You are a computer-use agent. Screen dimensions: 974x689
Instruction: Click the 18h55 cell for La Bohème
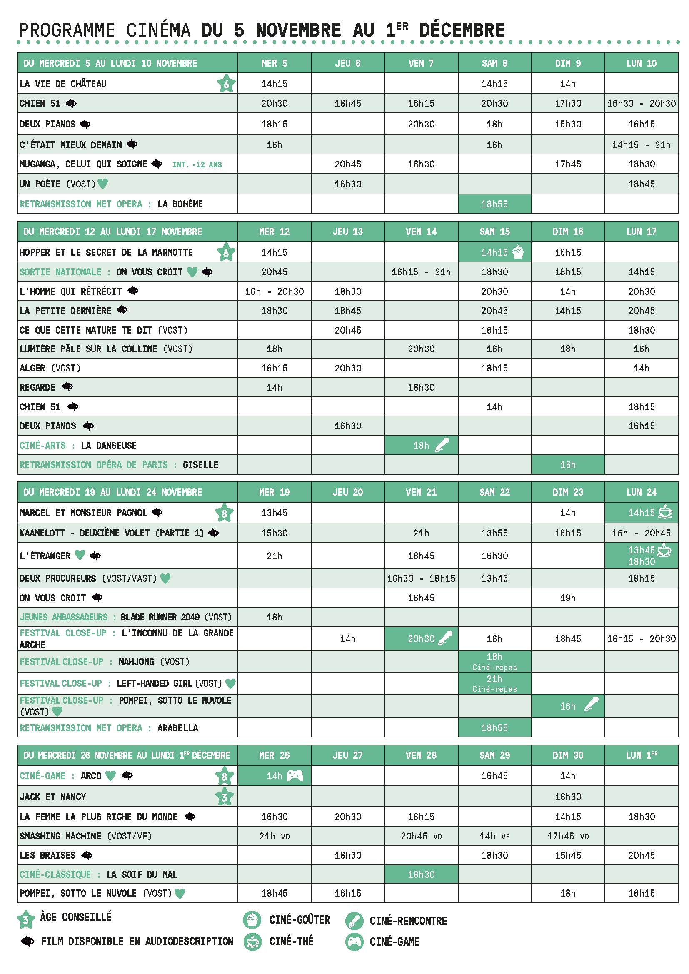(494, 204)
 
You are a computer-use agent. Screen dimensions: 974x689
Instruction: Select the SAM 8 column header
(494, 63)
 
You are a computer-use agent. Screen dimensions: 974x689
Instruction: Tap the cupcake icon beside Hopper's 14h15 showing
(518, 252)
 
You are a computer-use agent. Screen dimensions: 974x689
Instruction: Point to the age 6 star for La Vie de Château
(226, 84)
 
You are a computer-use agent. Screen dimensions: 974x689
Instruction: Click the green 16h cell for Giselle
(568, 465)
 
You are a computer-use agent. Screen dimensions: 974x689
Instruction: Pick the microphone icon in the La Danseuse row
(442, 445)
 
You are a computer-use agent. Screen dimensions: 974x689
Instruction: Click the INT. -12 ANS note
(197, 164)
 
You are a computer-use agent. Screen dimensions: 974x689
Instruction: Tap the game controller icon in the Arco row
(295, 775)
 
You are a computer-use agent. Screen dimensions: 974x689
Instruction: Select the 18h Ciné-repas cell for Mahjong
(494, 661)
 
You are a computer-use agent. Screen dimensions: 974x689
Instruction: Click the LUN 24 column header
(641, 492)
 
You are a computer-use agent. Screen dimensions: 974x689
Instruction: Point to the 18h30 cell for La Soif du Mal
(421, 874)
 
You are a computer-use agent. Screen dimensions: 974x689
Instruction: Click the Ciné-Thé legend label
(291, 942)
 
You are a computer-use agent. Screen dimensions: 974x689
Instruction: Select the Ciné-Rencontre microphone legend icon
(354, 921)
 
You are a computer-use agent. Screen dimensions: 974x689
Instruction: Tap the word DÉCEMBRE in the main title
(462, 30)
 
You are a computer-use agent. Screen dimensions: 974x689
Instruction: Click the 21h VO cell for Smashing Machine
(274, 836)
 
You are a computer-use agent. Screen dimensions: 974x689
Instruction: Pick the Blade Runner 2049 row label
(176, 617)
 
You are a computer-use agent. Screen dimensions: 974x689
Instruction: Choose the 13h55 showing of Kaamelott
(494, 533)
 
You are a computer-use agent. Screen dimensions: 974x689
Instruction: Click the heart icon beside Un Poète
(102, 184)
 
